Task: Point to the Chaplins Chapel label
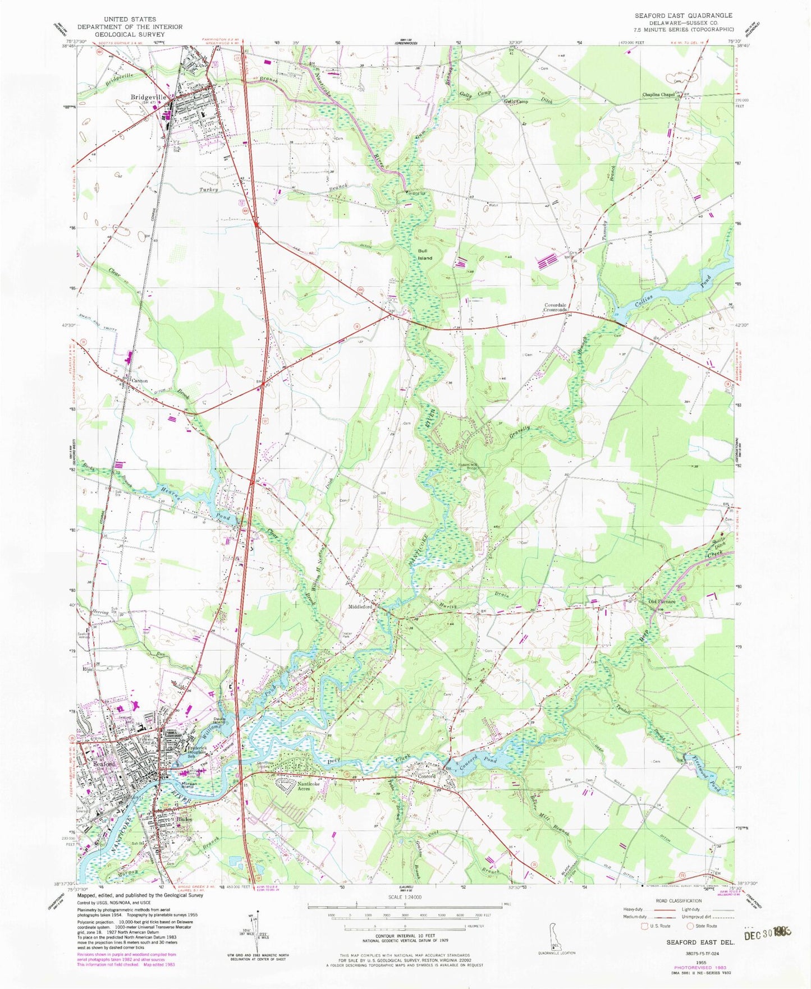tap(658, 95)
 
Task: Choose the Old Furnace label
tap(662, 601)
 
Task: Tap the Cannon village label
tap(139, 381)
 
